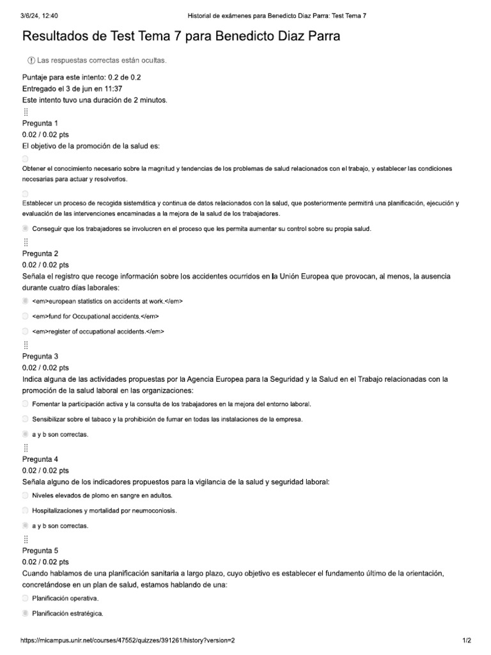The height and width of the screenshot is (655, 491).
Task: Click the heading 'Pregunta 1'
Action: (x=40, y=123)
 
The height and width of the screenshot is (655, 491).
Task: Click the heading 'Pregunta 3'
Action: (x=40, y=356)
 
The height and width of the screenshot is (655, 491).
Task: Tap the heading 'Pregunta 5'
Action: (x=40, y=550)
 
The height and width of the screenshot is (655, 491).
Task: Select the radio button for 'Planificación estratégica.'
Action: (x=25, y=613)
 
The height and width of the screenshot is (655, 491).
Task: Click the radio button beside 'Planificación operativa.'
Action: (x=25, y=598)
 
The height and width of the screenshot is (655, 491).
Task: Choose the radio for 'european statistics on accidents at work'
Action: (x=25, y=301)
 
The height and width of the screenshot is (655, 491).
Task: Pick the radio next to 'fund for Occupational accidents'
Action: (x=25, y=316)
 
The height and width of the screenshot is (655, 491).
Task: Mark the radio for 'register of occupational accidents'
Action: (x=25, y=331)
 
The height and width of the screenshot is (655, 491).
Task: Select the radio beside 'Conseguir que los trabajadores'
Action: (x=25, y=228)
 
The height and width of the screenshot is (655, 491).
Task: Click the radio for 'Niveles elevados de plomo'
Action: (x=25, y=495)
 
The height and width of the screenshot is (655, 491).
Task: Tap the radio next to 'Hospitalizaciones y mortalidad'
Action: (x=25, y=510)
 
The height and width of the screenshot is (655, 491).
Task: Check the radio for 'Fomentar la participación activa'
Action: (x=25, y=404)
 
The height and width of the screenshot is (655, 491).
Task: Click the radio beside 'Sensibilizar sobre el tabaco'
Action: (x=25, y=419)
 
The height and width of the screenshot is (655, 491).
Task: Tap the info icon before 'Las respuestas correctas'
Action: (x=31, y=60)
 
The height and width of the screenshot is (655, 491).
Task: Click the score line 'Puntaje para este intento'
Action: (x=81, y=77)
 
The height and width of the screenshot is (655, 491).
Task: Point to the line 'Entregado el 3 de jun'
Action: (x=72, y=89)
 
